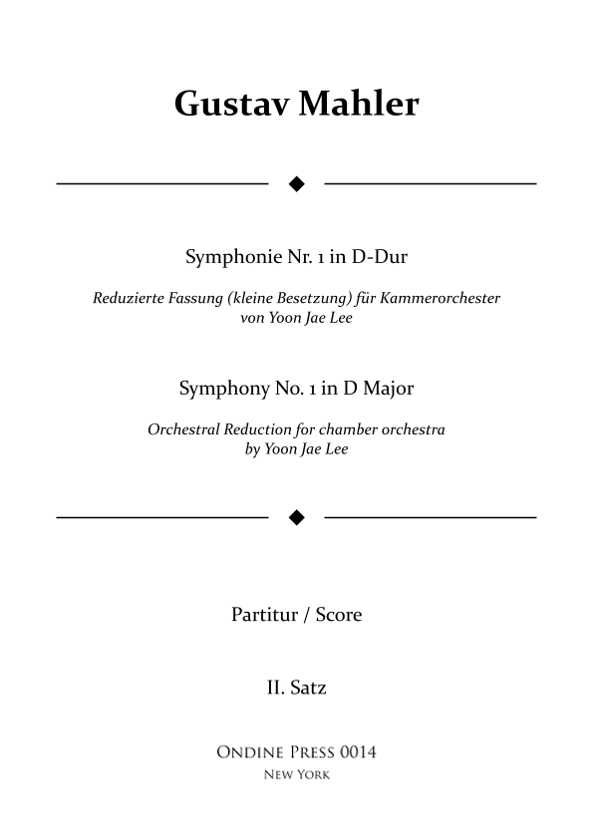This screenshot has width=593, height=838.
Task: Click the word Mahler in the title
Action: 355,104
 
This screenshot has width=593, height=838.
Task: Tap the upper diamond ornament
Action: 296,183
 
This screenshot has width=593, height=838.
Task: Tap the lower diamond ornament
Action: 296,517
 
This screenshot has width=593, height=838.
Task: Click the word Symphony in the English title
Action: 221,389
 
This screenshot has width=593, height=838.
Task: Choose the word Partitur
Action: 264,615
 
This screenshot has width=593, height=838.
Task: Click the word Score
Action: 339,615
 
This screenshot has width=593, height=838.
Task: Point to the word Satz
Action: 309,688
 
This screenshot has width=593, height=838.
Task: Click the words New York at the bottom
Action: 296,775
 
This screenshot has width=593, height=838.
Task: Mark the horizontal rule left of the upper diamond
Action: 162,183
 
